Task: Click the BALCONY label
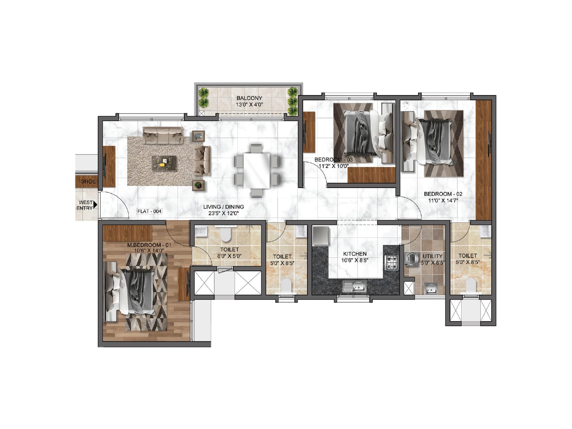pos(249,98)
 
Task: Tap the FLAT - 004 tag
pos(149,211)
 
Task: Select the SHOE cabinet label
pos(88,182)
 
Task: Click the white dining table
pos(256,171)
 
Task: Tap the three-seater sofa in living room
pos(163,135)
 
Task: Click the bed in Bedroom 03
pos(361,133)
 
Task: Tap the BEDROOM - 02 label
pos(443,194)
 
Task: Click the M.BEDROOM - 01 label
pos(149,245)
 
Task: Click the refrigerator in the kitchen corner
pos(320,236)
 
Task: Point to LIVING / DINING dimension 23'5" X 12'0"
pos(223,213)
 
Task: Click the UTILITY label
pos(432,256)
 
